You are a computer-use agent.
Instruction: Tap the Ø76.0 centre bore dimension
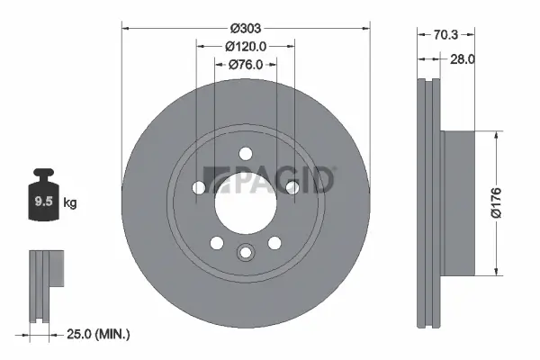(245, 64)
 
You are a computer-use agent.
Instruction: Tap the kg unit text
(70, 202)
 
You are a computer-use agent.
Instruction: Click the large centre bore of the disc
(245, 202)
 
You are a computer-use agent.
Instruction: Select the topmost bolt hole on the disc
(245, 156)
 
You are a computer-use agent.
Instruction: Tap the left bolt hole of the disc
(198, 187)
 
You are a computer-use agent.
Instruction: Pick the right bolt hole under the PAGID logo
(292, 187)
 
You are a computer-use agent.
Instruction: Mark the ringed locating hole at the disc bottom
(245, 253)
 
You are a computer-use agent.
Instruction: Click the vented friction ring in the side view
(429, 202)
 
